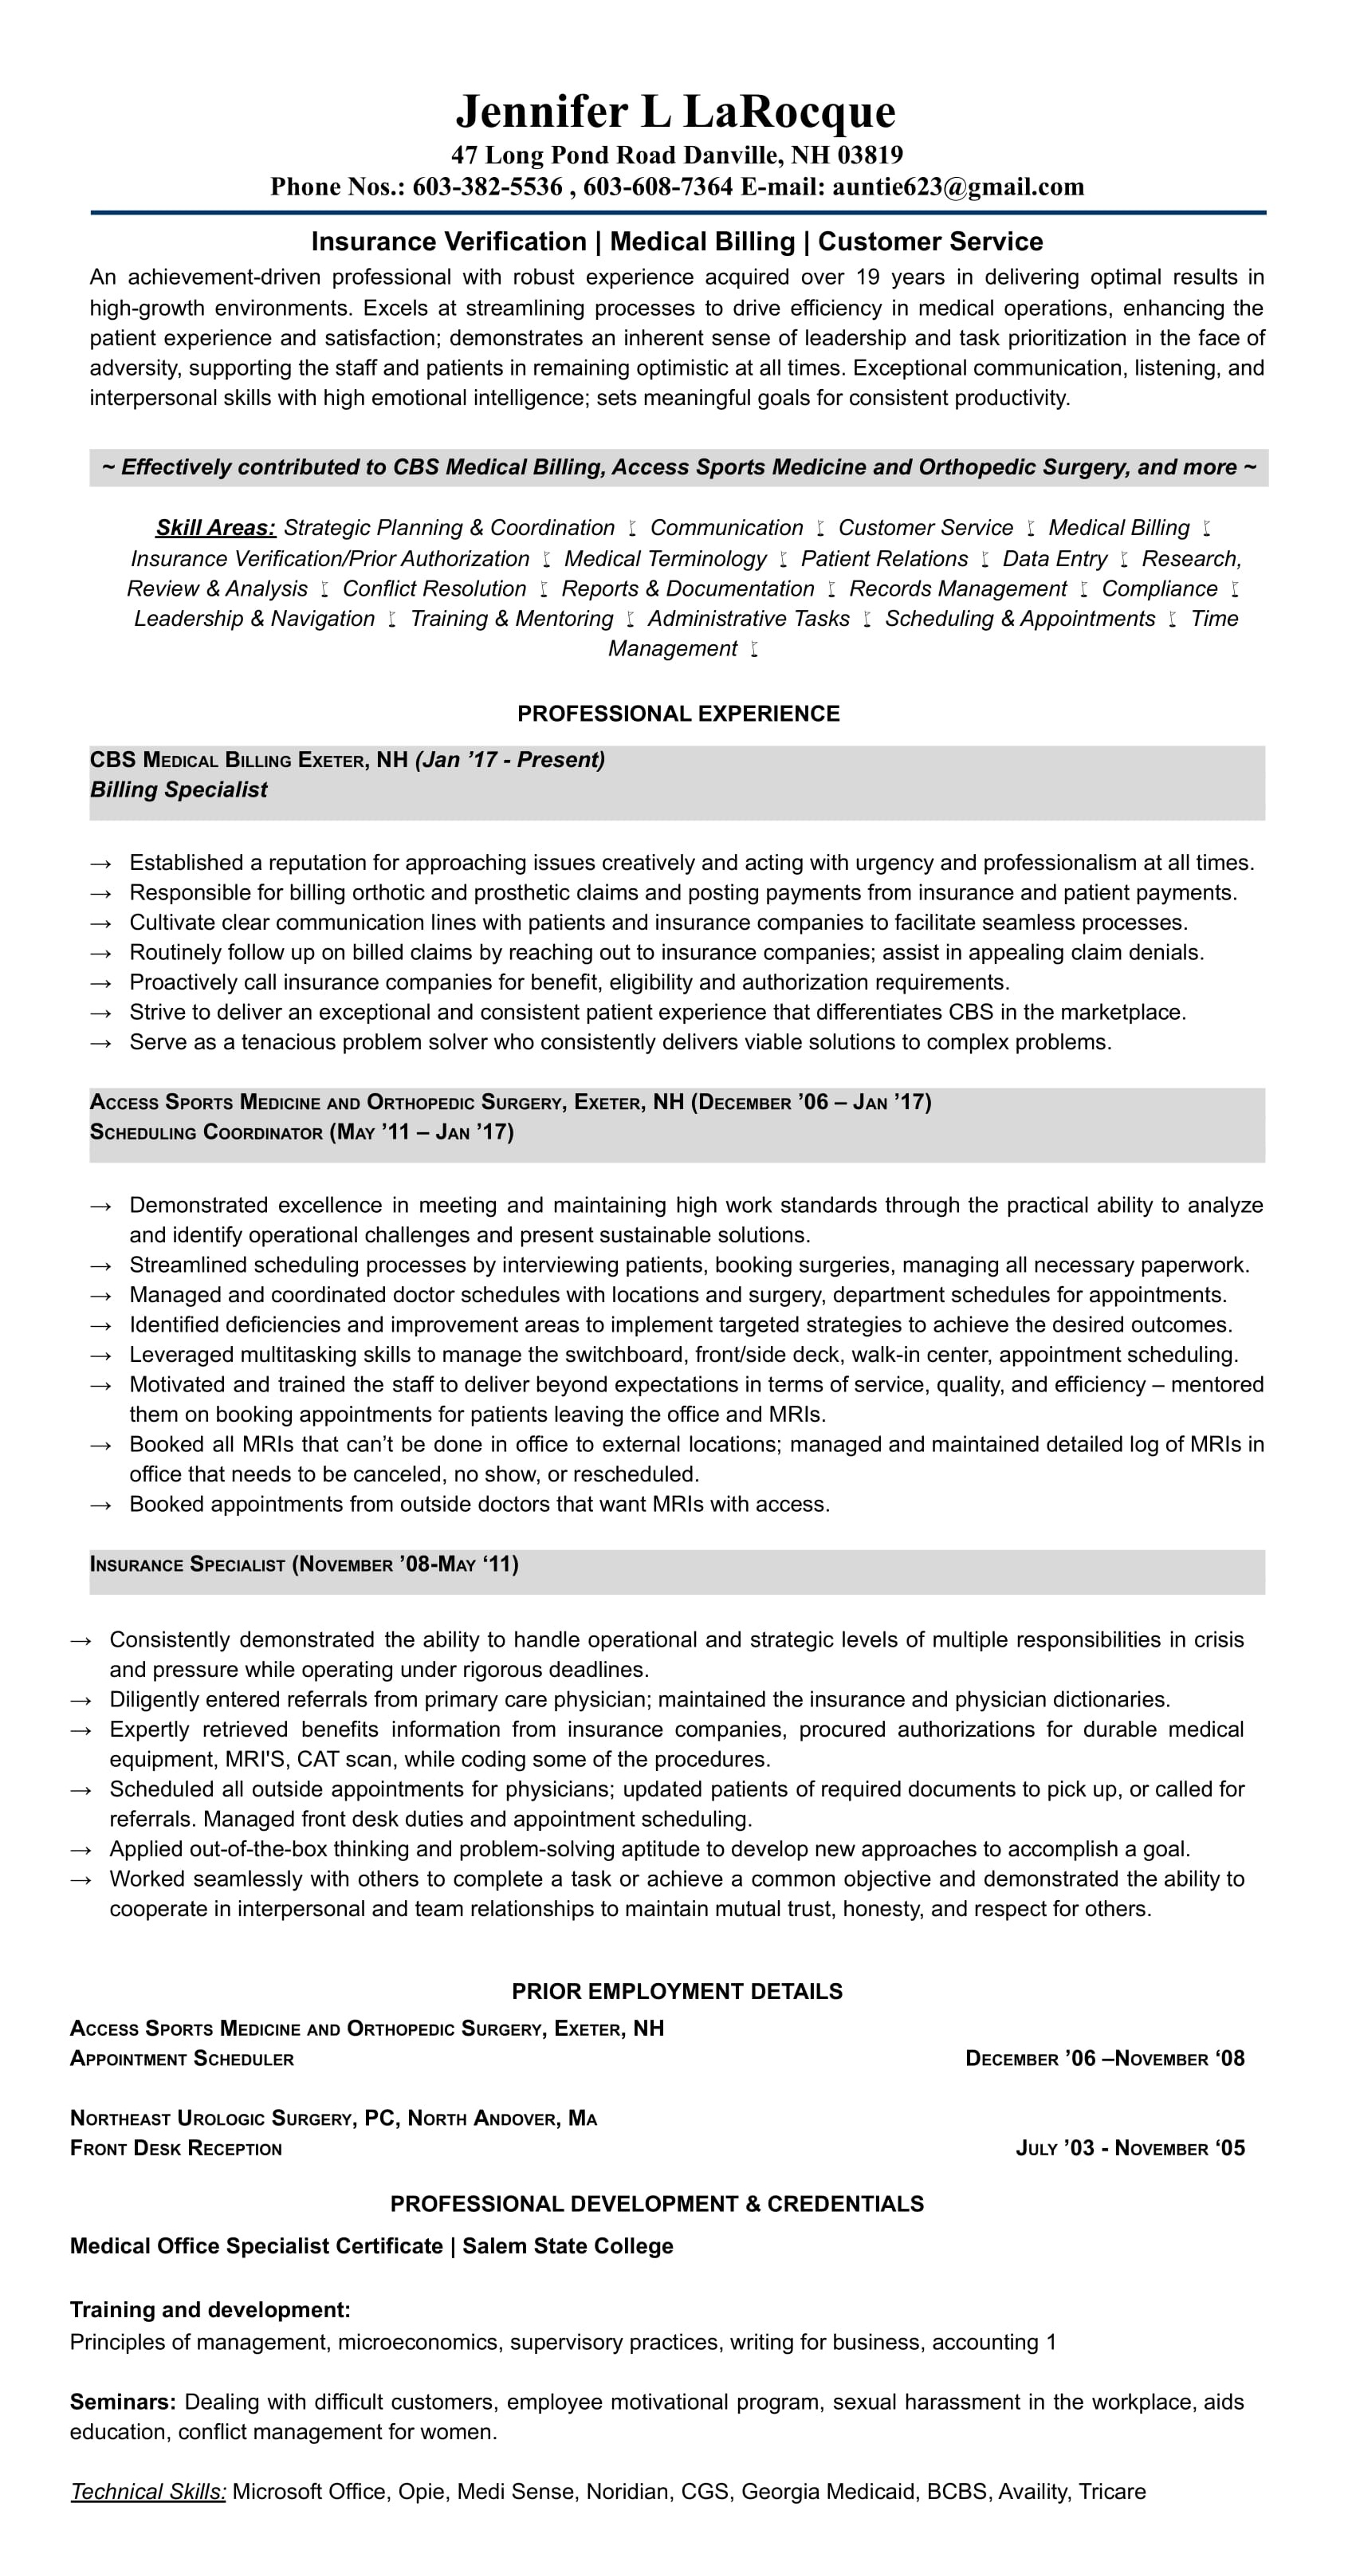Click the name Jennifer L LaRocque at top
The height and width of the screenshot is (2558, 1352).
[675, 111]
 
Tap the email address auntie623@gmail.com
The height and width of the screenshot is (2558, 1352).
[958, 187]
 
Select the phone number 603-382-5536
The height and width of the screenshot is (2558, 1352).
[487, 187]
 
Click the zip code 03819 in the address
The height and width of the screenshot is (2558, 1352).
[870, 155]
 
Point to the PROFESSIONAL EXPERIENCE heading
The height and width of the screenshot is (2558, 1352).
[678, 713]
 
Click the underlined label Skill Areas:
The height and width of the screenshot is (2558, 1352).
[215, 527]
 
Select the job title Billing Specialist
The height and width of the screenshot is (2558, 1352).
[179, 789]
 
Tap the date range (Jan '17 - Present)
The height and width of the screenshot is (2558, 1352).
[510, 760]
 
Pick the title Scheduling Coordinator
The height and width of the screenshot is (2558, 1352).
[206, 1132]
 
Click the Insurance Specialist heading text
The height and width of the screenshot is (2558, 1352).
[187, 1564]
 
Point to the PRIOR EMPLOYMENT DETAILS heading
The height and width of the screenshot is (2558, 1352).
[677, 1991]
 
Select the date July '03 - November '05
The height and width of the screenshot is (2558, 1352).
[1130, 2148]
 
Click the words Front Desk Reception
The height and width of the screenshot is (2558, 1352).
[175, 2148]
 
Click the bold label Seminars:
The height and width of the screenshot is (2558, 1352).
[123, 2402]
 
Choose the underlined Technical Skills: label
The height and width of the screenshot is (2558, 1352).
[148, 2492]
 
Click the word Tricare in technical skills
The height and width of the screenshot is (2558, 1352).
[1112, 2492]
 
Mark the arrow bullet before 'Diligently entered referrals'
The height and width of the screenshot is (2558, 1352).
[81, 1700]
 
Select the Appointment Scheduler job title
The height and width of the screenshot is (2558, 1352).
[182, 2059]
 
